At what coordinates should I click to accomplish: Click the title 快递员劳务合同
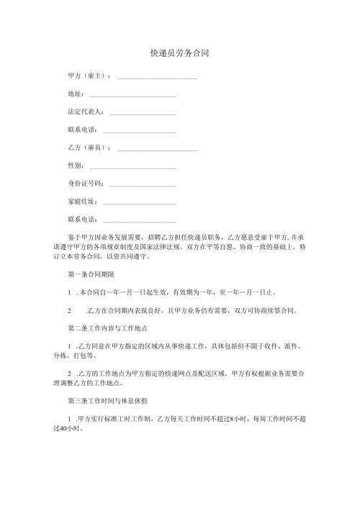(x=179, y=54)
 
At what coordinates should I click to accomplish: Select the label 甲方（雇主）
(x=89, y=76)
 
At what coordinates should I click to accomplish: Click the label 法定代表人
(x=85, y=112)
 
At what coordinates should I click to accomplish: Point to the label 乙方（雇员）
(x=89, y=148)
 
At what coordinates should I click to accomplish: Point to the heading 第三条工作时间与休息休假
(x=109, y=401)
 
